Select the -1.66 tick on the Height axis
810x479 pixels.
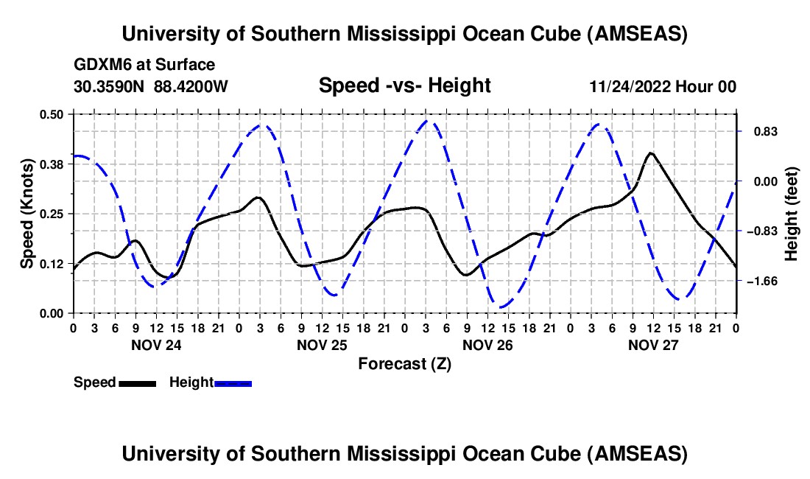point(761,282)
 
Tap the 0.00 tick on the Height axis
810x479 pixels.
point(761,181)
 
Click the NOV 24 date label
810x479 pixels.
point(156,344)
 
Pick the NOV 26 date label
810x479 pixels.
point(487,344)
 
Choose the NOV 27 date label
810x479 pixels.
point(653,344)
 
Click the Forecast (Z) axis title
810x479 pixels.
point(404,363)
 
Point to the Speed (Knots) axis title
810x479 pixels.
point(27,214)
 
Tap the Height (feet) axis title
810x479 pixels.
point(792,214)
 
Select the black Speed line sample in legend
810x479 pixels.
point(137,383)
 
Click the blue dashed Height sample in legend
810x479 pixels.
point(233,383)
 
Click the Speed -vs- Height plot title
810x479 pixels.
point(404,85)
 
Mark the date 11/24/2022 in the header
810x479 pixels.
point(632,86)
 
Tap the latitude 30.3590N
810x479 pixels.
point(110,86)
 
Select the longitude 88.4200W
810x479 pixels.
point(191,86)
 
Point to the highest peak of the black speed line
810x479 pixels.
point(649,153)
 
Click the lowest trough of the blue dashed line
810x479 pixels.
point(501,307)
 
